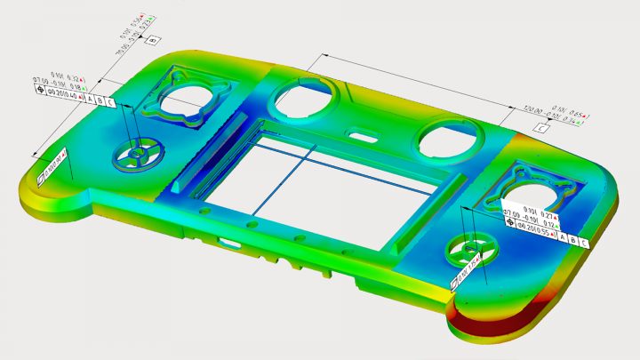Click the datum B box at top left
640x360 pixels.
pos(153,41)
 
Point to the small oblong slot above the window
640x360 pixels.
pos(360,136)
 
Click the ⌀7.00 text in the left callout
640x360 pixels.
pos(47,83)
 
